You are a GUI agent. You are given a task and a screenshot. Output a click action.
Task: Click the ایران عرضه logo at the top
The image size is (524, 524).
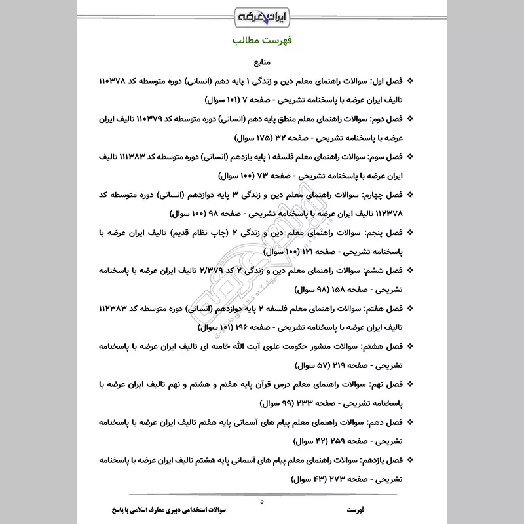click(261, 14)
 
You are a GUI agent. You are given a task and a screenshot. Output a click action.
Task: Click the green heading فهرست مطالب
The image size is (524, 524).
click(262, 41)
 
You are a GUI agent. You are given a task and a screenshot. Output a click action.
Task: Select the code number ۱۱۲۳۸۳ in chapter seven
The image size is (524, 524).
click(118, 308)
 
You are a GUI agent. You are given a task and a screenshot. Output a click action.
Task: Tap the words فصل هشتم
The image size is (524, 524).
click(384, 346)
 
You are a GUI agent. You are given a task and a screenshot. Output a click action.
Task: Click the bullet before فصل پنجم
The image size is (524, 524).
click(411, 233)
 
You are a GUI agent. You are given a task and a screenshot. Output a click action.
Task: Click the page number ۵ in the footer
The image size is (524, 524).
click(261, 501)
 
